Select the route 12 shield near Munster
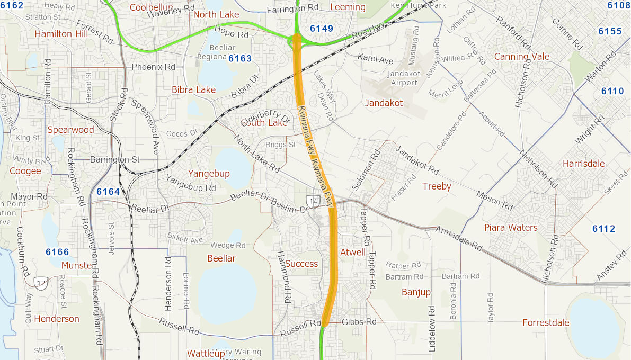point(41,282)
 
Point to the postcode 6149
point(322,28)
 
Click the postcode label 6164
point(108,192)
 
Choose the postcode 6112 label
point(603,229)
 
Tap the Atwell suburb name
point(353,252)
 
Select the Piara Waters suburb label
point(511,228)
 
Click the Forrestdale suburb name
point(546,322)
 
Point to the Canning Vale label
point(521,57)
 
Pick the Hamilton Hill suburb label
point(61,34)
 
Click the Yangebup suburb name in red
point(209,174)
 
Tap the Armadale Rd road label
point(459,238)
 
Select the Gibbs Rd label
point(359,322)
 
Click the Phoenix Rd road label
point(153,67)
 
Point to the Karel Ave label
point(375,59)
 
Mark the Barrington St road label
point(114,159)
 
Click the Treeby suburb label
point(437,186)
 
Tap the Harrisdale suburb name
point(583,164)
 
